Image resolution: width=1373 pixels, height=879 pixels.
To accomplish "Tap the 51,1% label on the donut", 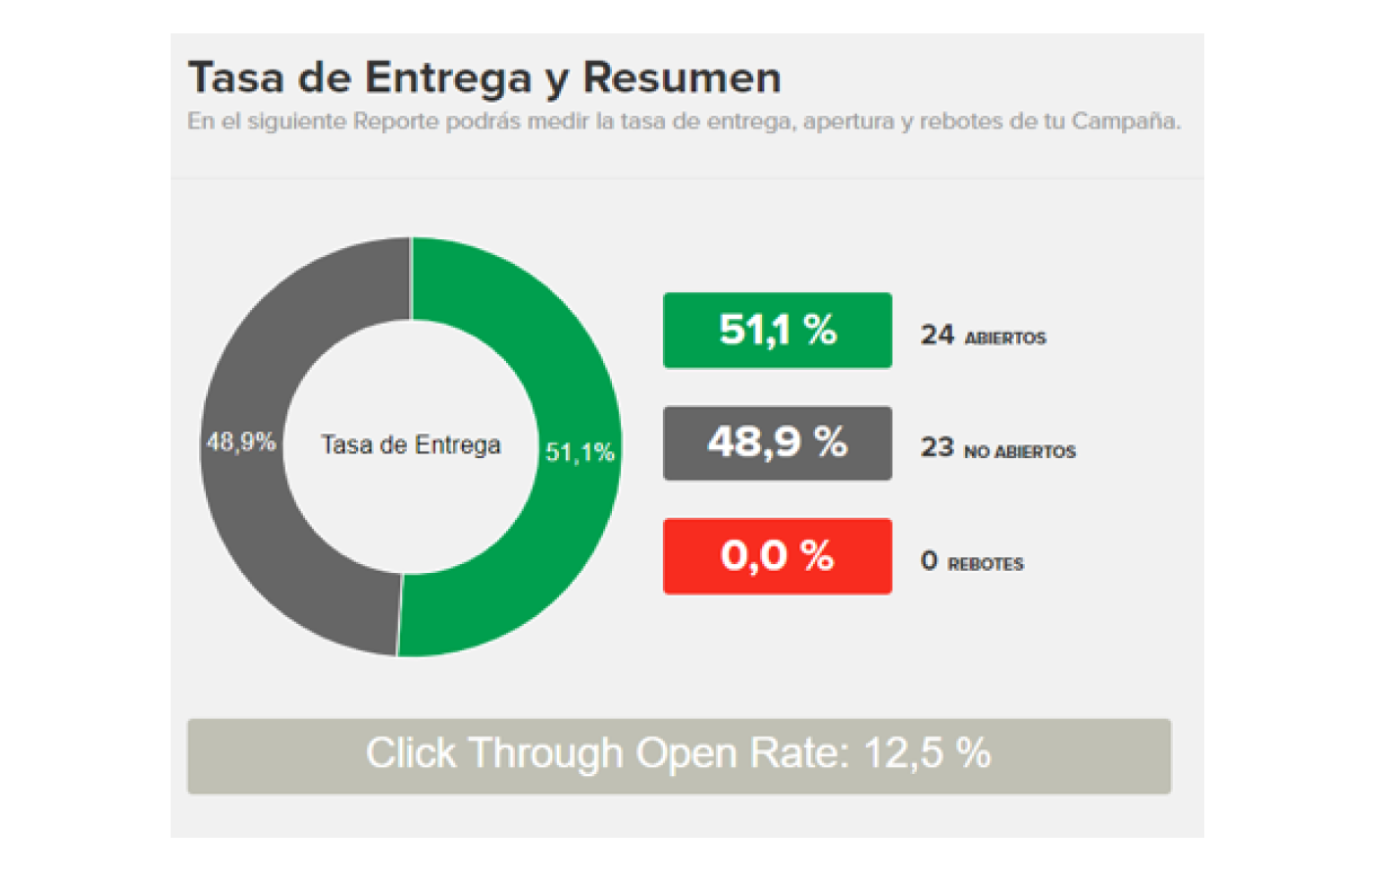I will [580, 452].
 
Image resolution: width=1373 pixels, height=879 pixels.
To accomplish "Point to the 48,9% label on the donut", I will [240, 442].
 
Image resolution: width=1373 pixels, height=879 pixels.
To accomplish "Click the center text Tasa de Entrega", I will [411, 445].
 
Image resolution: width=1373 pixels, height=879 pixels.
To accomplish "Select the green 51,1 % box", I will [777, 331].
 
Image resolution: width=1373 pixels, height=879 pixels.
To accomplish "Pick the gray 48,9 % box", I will [777, 443].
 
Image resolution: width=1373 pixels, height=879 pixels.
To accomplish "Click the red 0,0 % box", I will [777, 556].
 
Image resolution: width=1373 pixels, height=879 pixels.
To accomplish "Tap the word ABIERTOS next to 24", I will [1005, 338].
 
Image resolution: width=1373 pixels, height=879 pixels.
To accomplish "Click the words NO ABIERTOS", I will [1020, 452].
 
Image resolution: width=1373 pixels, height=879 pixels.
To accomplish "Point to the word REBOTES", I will [986, 565].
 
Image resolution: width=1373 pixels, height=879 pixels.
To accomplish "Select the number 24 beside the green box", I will [937, 336].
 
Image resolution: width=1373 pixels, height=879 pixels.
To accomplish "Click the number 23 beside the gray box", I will [937, 448].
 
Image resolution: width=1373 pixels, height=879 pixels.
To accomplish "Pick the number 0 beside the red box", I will [929, 561].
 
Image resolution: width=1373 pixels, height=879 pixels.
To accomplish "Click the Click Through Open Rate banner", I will [679, 755].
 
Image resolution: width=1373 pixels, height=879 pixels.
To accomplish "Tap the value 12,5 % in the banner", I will [927, 753].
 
